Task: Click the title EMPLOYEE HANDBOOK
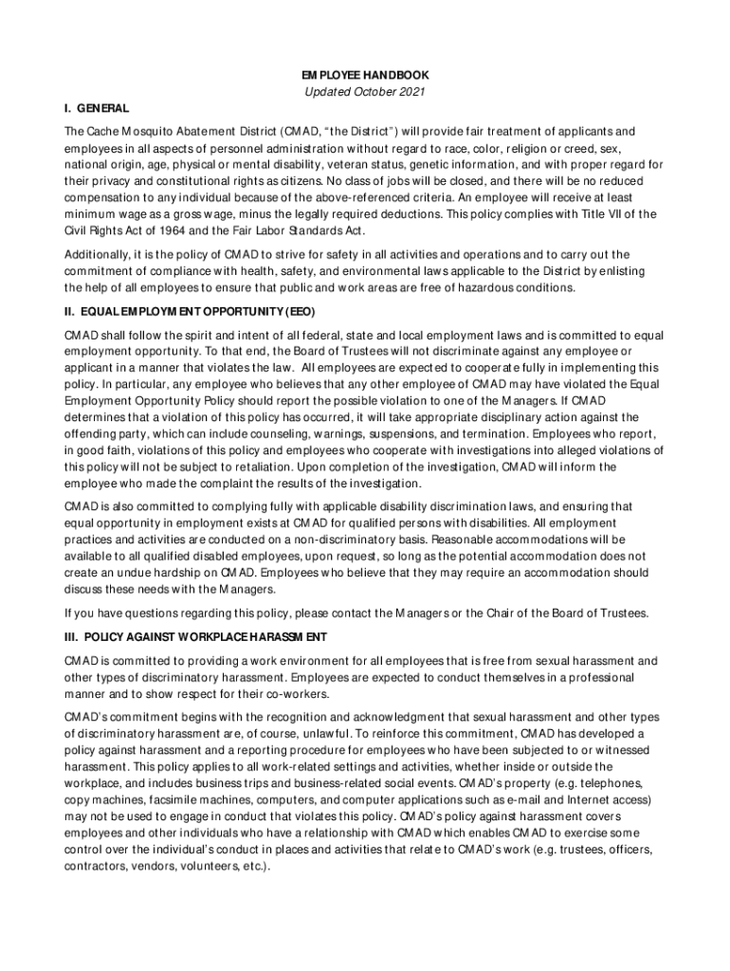(364, 74)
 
